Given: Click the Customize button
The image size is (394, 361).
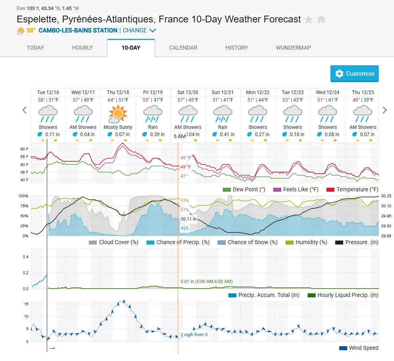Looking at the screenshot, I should click(x=354, y=74).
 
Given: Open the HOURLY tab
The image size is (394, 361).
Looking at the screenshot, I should click(x=82, y=48).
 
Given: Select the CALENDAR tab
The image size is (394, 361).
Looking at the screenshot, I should click(x=183, y=48).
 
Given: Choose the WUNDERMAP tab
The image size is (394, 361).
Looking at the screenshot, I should click(x=293, y=48).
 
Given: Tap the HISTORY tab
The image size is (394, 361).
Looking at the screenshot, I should click(x=236, y=48).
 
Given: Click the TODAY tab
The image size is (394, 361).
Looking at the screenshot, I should click(x=35, y=48).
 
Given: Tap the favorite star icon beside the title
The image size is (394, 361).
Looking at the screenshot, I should click(x=308, y=19).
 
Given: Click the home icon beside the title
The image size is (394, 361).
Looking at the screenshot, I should click(x=321, y=19).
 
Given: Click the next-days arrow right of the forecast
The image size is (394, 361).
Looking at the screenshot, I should click(x=384, y=110).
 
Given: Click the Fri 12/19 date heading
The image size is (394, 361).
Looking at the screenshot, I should click(x=152, y=92).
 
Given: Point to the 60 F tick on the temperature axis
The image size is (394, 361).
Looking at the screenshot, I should click(x=24, y=149).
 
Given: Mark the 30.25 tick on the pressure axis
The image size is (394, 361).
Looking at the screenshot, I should click(x=386, y=196).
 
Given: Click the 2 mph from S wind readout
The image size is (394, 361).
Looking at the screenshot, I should click(x=194, y=335).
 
